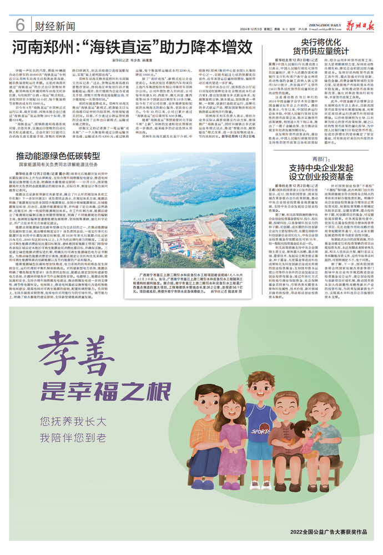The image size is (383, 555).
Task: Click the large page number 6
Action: click(21, 25)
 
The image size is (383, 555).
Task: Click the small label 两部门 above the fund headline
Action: click(321, 160)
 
